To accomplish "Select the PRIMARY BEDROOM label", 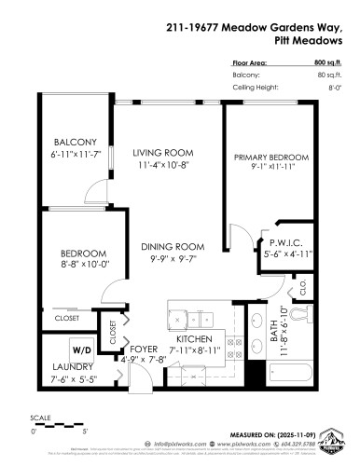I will [x=270, y=158].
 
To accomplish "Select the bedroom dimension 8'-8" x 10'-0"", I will [x=72, y=263].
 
